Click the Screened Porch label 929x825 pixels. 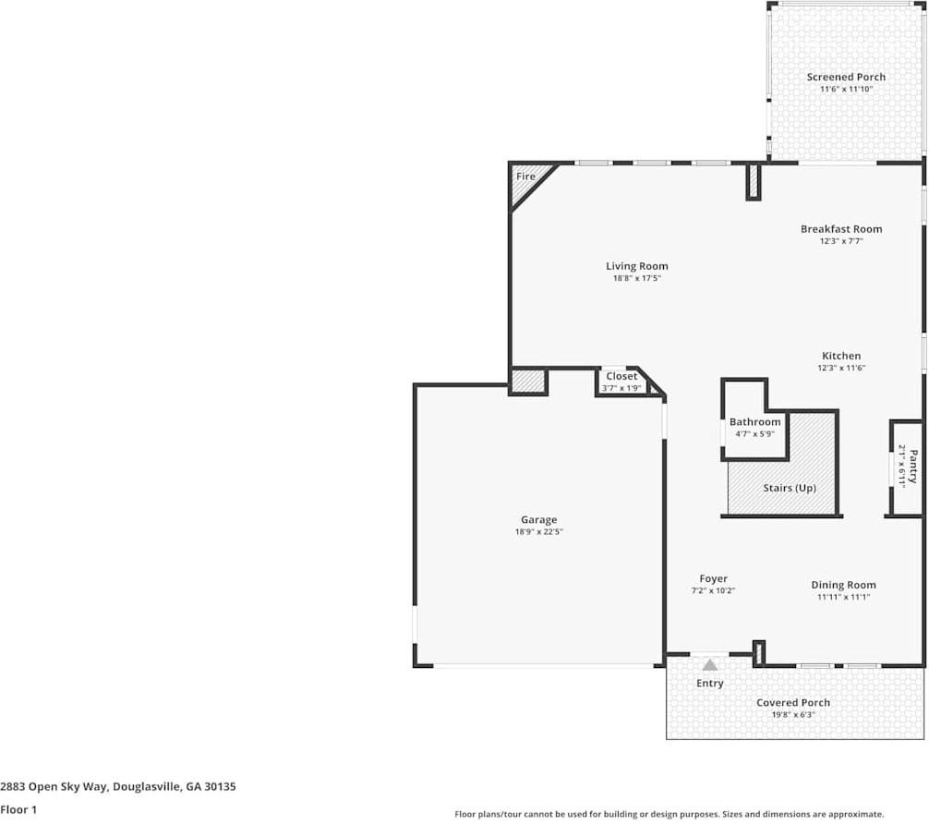coord(846,77)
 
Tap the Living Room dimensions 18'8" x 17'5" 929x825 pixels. coord(637,278)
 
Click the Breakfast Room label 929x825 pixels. coord(840,228)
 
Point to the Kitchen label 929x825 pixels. coord(840,356)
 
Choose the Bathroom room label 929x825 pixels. coord(754,422)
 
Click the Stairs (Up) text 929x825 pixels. coord(789,488)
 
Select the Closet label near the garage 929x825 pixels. coord(621,376)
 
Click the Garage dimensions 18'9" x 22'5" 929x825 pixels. coord(538,532)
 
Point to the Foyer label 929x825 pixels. coord(713,578)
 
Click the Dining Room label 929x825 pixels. coord(843,585)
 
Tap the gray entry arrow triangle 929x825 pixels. coord(709,664)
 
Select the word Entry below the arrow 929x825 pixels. coord(709,684)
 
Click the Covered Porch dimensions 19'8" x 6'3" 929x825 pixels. coord(793,714)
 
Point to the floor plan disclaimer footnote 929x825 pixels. coord(670,814)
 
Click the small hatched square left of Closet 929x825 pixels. coord(528,382)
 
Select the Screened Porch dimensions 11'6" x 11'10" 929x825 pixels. coord(846,89)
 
